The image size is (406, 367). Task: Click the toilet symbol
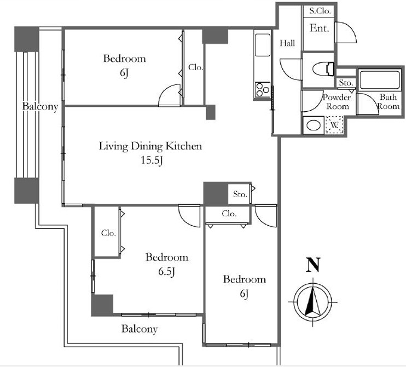(323, 70)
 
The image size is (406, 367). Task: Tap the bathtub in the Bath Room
(380, 80)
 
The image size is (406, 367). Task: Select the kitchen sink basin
(263, 44)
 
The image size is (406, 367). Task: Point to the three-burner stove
(263, 90)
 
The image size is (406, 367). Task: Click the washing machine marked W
(334, 125)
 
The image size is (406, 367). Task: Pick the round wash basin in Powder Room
(314, 125)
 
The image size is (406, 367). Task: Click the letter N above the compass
(313, 265)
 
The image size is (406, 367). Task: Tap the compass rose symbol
(313, 302)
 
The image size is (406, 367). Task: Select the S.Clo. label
(320, 11)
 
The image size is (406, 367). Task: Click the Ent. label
(319, 28)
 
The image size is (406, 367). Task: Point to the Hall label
(287, 43)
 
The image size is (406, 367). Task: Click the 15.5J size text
(152, 160)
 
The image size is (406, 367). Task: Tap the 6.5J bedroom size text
(166, 272)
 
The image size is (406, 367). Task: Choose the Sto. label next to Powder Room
(346, 83)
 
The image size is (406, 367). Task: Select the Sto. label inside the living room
(240, 194)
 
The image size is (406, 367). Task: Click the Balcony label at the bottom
(140, 329)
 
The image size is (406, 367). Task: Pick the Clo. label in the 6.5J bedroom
(108, 233)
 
